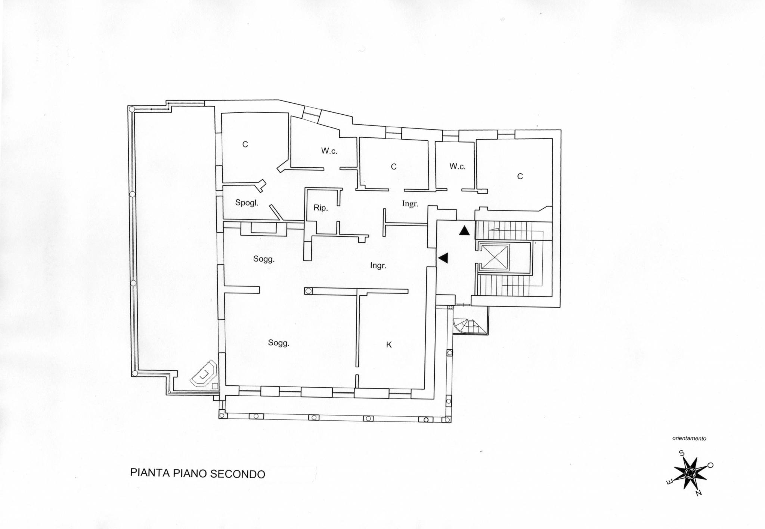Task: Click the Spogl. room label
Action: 247,203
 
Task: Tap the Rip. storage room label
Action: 320,208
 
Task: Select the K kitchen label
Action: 389,345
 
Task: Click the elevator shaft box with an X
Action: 494,257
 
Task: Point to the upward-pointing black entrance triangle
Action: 464,230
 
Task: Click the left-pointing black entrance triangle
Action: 443,258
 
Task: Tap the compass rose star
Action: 690,473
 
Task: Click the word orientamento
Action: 689,439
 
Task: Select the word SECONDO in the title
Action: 238,474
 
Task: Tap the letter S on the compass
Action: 681,454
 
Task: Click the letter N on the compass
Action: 698,493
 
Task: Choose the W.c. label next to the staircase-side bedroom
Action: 457,167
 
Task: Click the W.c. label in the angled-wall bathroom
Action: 329,151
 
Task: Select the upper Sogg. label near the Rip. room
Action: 264,259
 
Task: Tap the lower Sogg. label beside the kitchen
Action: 279,343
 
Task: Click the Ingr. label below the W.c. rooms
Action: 410,204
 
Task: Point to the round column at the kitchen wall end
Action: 308,291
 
